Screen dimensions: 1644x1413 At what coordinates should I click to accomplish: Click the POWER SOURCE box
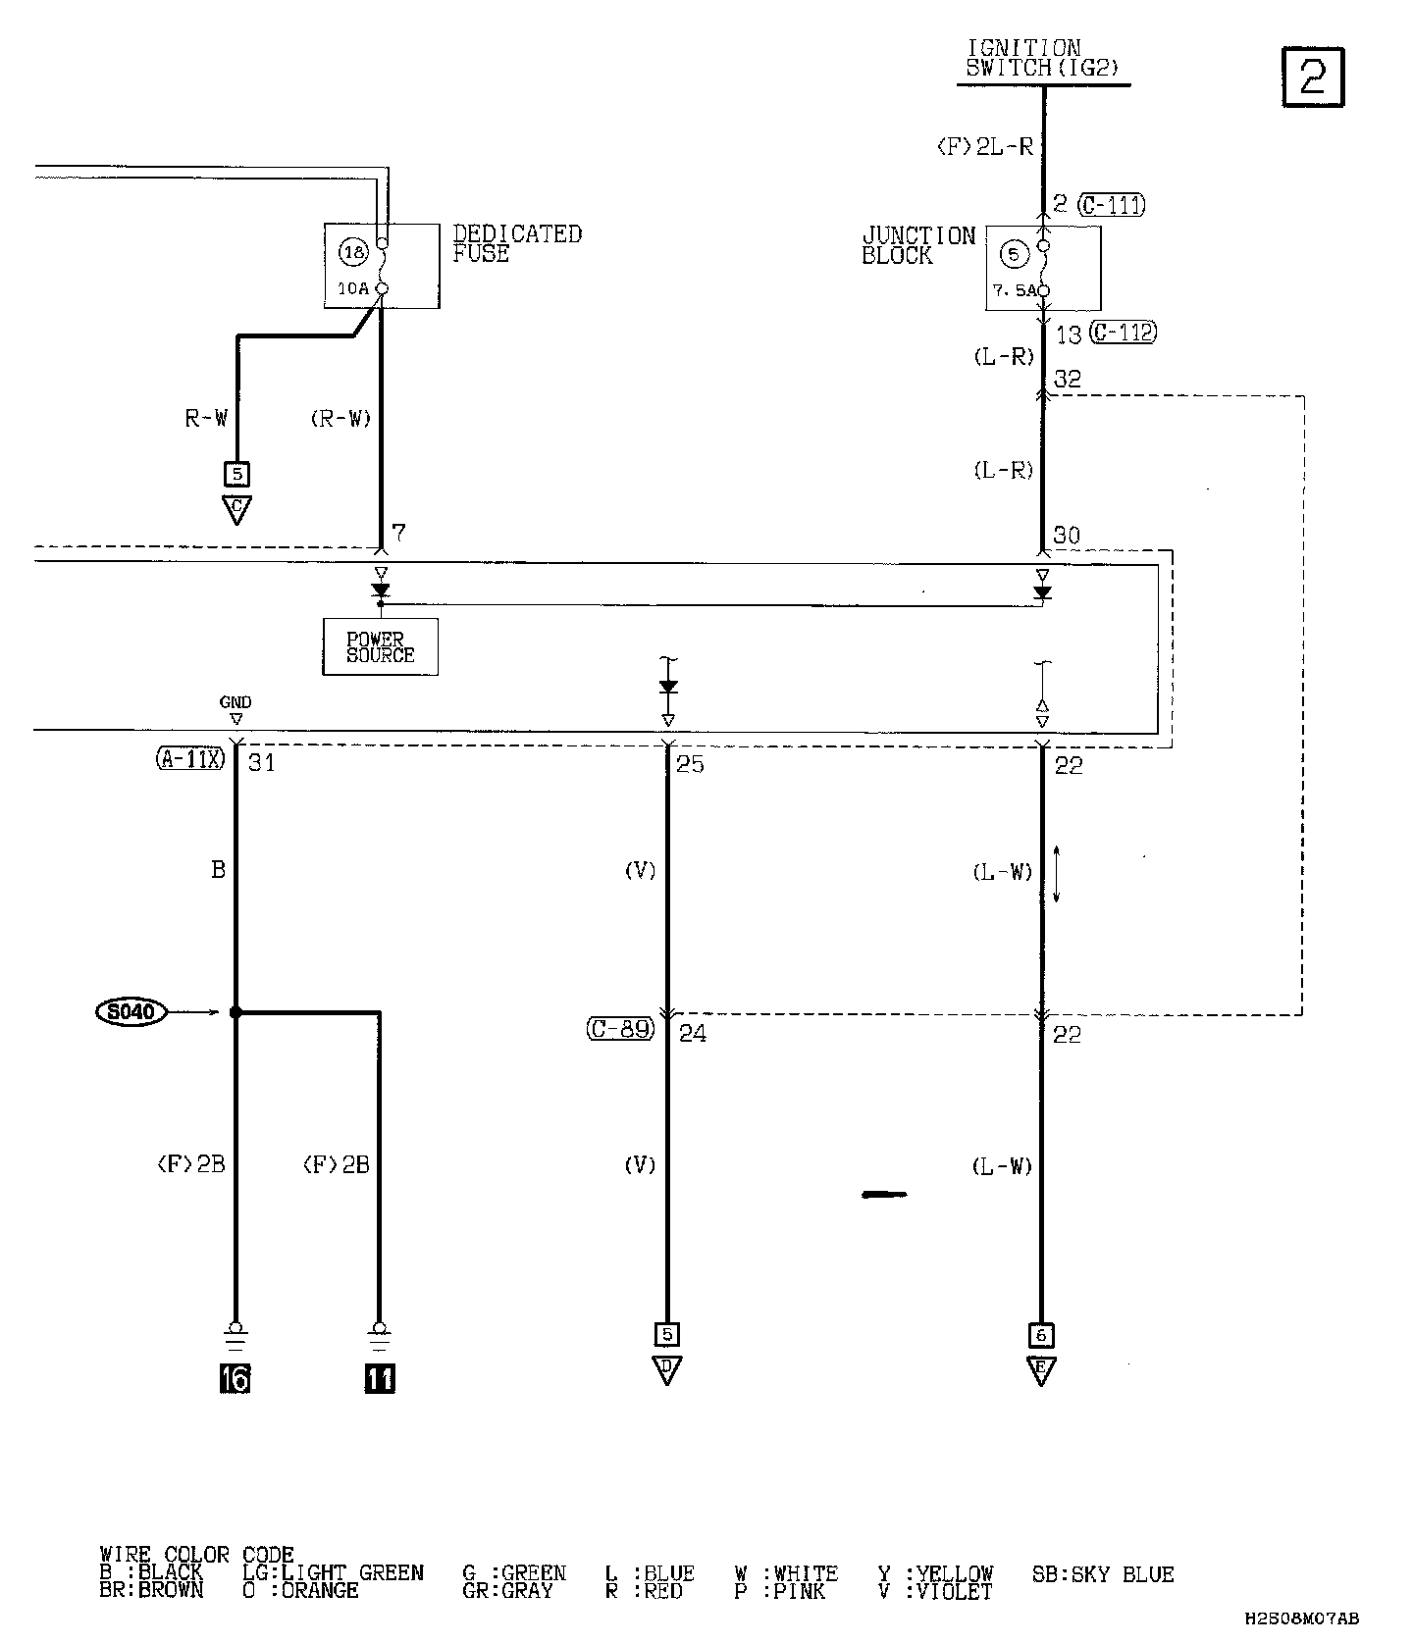tap(380, 646)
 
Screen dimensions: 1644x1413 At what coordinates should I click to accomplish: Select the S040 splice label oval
tap(131, 1011)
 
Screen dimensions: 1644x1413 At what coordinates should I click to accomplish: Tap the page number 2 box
tap(1313, 77)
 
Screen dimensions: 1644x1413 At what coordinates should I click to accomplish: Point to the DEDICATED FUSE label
tap(516, 243)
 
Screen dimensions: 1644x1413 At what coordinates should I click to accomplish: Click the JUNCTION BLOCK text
tap(918, 245)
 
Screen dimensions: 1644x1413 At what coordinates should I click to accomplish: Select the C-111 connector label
tap(1111, 205)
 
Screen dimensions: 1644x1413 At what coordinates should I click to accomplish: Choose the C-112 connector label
tap(1124, 333)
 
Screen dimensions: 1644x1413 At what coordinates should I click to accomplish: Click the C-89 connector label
tap(620, 1029)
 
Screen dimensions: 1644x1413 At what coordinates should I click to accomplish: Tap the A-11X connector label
tap(190, 758)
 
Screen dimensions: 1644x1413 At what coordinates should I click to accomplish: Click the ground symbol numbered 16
tap(235, 1378)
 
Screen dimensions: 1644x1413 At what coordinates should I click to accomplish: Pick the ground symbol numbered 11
tap(380, 1378)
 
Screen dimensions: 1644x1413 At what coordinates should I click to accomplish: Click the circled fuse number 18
tap(352, 252)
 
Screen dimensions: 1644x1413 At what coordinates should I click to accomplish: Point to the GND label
tap(235, 702)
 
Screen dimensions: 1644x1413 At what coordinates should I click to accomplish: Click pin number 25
tap(691, 764)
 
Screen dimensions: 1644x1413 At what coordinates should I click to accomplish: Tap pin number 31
tap(261, 762)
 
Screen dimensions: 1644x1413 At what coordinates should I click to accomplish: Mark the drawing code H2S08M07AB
tap(1302, 1619)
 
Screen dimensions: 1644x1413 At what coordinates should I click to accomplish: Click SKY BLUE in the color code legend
tap(1103, 1574)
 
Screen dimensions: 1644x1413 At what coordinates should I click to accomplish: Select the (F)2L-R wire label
tap(985, 147)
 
